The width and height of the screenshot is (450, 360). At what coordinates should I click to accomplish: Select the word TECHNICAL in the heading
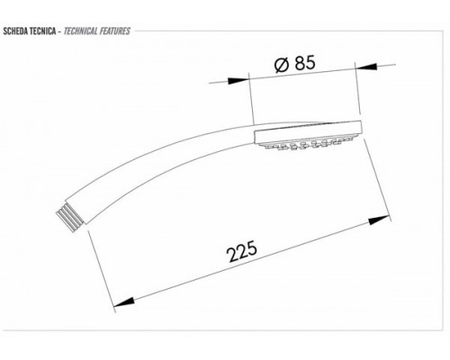pos(81,31)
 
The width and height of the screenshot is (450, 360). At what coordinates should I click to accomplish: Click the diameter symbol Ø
pos(282,65)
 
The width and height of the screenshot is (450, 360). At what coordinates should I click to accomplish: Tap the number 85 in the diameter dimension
pos(305,63)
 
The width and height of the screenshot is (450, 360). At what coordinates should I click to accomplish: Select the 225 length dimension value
pos(242,251)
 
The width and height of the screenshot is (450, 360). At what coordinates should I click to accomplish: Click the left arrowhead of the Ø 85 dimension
pos(238,81)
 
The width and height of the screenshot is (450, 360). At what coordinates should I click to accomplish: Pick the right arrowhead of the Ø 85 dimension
pos(366,67)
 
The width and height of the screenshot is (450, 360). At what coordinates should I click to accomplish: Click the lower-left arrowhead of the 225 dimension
pos(124,302)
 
